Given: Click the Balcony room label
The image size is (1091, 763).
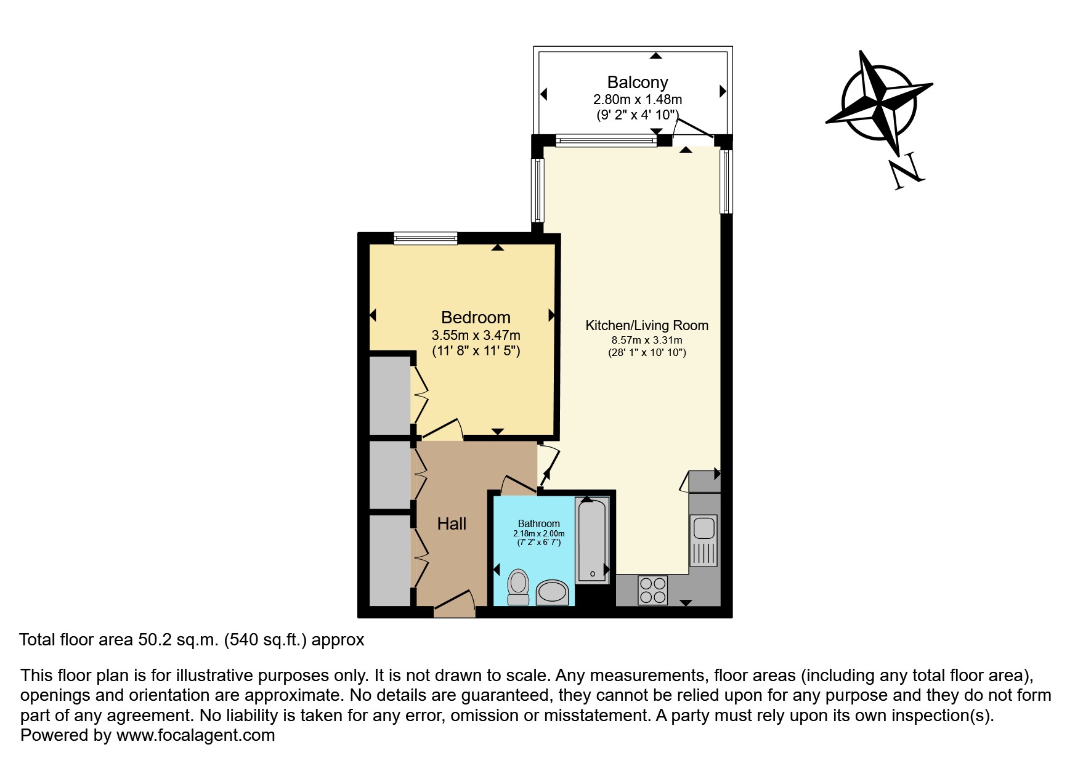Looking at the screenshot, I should click(x=638, y=83).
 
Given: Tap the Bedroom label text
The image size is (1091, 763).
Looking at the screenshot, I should click(x=476, y=318).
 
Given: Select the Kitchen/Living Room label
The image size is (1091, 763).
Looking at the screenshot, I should click(x=646, y=326).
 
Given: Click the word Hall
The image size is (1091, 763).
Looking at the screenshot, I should click(x=452, y=524).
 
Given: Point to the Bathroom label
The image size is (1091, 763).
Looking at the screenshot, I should click(x=538, y=523).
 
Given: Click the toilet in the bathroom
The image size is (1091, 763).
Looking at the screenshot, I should click(x=519, y=587).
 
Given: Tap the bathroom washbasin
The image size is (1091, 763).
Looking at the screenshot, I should click(x=552, y=592).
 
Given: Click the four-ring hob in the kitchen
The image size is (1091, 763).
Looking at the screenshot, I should click(x=652, y=589).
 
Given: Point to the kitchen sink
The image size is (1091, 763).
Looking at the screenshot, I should click(x=704, y=528).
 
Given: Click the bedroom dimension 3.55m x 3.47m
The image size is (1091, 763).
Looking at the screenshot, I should click(x=476, y=336).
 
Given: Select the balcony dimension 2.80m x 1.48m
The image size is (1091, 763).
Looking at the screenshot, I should click(x=638, y=99).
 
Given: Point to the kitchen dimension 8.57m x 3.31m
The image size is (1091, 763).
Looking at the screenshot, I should click(x=646, y=340).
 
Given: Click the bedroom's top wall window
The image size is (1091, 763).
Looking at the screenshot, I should click(x=426, y=238).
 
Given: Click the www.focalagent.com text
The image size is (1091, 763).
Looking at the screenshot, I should click(x=195, y=735).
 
